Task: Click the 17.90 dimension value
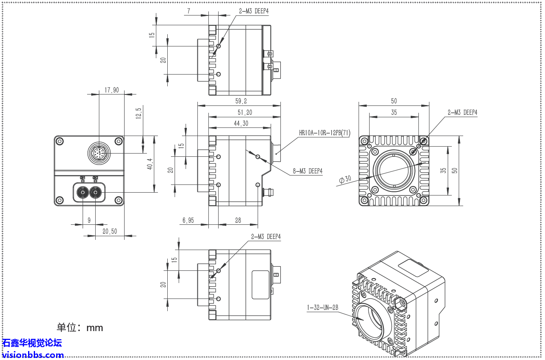(x=112, y=90)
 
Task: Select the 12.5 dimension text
(x=138, y=113)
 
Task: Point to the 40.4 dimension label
(x=150, y=164)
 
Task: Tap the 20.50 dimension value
(x=109, y=231)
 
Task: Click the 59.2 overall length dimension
(x=241, y=101)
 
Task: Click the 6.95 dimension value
(x=188, y=220)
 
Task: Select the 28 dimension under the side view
(x=238, y=220)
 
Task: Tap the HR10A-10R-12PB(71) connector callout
(x=324, y=133)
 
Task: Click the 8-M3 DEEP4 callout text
(x=307, y=171)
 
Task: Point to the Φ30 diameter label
(x=345, y=179)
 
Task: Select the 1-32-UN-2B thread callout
(x=322, y=308)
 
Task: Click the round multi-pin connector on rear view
(x=98, y=154)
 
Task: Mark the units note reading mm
(x=80, y=327)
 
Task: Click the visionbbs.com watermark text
(x=33, y=355)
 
